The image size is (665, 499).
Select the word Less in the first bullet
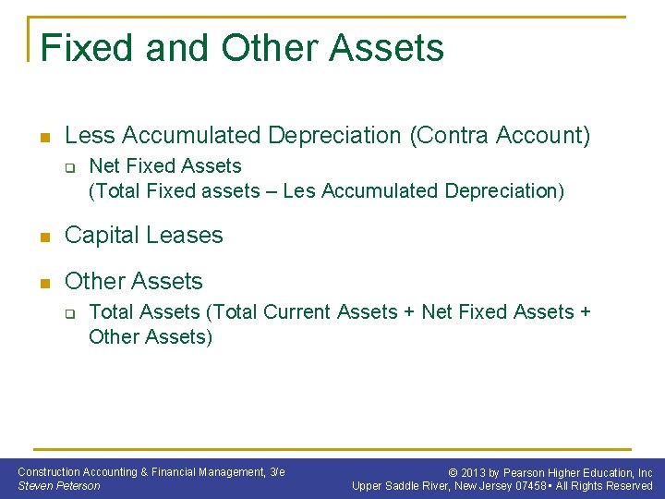click(x=90, y=136)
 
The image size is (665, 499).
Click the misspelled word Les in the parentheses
click(x=298, y=191)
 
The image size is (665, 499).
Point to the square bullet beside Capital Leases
click(x=42, y=237)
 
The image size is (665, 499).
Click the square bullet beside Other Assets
click(x=42, y=282)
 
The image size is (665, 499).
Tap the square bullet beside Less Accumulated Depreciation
click(x=42, y=138)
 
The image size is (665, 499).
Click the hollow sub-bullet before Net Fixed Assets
click(x=68, y=168)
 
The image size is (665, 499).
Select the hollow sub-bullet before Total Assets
click(x=68, y=314)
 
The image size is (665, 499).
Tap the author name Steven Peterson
click(x=59, y=486)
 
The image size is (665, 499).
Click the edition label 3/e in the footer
click(x=276, y=472)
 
